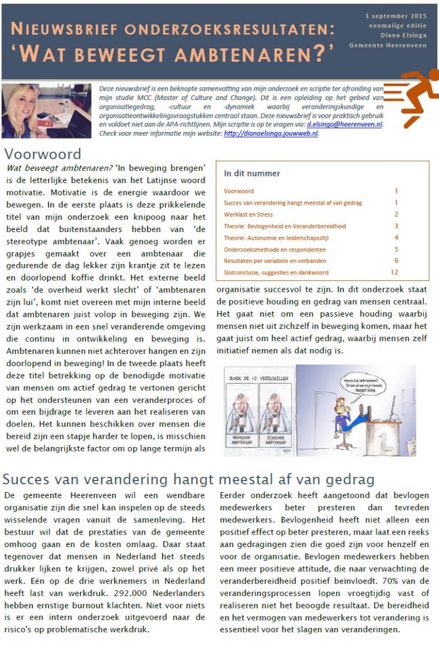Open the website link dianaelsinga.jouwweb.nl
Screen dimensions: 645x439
(x=271, y=133)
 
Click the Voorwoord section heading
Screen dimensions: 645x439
(x=42, y=154)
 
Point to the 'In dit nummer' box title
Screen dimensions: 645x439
(x=252, y=173)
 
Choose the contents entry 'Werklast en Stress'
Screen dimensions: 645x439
(x=248, y=214)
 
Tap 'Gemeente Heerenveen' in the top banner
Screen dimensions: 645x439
(x=387, y=46)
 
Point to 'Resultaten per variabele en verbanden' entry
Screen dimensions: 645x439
(x=275, y=261)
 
